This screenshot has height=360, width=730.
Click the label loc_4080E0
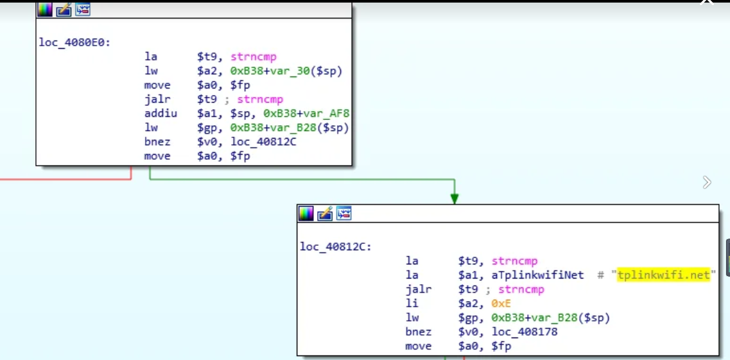65,44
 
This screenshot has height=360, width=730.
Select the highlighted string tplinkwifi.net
663,275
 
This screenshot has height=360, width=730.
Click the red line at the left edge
64,179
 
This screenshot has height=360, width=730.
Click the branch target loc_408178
525,332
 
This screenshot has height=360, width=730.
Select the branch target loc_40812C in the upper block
264,142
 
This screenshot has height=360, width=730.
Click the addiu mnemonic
157,114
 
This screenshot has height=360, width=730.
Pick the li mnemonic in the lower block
412,304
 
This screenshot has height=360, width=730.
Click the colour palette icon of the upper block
45,10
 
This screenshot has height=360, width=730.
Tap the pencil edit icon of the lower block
325,213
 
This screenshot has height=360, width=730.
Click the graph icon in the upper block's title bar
83,10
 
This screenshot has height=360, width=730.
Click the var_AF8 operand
327,114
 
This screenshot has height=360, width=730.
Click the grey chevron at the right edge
707,183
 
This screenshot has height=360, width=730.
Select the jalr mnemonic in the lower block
418,289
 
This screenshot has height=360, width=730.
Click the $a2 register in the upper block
207,71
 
